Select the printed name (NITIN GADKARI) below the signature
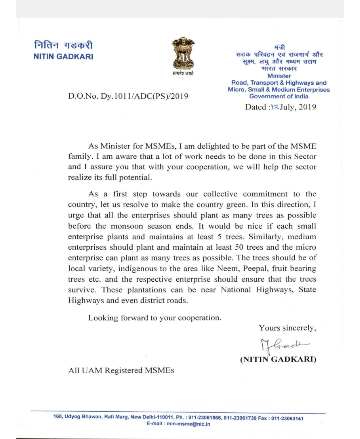[x=279, y=360]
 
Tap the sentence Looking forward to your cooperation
[x=154, y=317]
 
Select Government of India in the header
[x=279, y=96]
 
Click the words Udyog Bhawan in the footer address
[x=84, y=418]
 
